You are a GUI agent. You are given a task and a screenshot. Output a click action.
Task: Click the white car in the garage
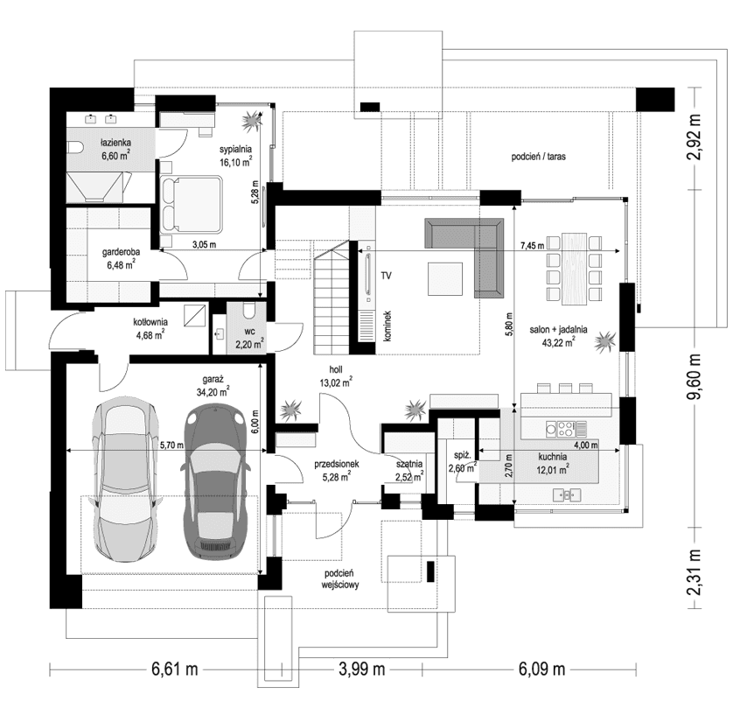click(128, 481)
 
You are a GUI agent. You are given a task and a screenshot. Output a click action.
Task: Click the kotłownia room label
click(150, 327)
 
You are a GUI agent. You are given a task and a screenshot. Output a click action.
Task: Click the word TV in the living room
click(385, 276)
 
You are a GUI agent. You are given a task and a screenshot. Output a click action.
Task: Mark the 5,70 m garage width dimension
click(171, 445)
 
